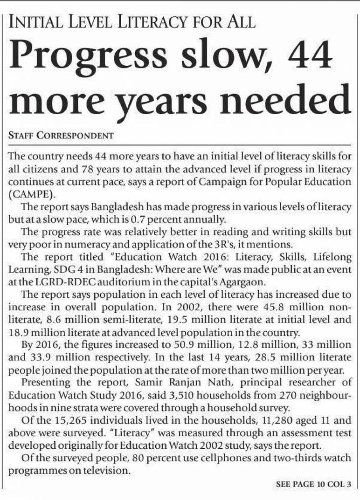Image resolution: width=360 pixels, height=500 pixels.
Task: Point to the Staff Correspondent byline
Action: (x=61, y=136)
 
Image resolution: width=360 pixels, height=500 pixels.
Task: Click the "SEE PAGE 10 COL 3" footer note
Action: (x=314, y=485)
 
